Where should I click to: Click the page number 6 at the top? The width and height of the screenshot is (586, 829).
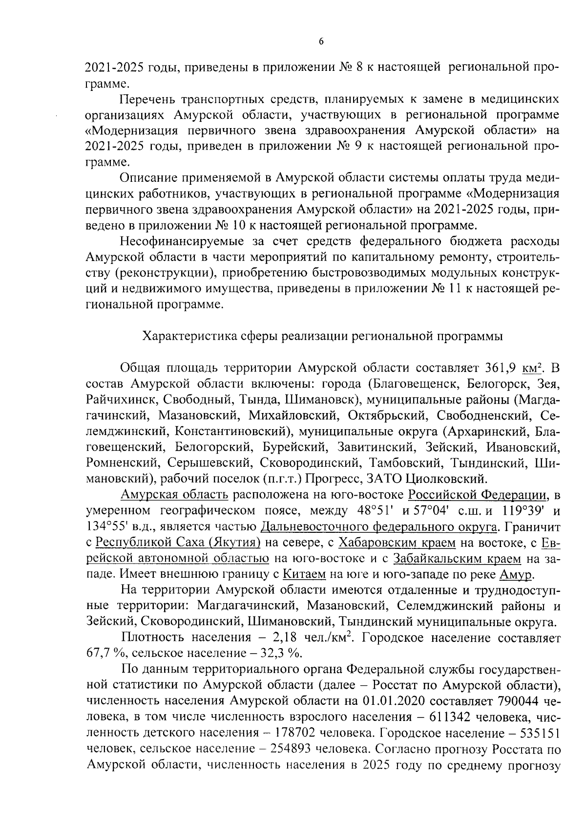click(x=321, y=42)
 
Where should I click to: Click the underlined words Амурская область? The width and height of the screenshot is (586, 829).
click(x=174, y=495)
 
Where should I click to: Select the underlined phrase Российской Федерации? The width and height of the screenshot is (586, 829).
click(x=477, y=495)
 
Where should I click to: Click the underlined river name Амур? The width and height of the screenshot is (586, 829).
click(x=517, y=573)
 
